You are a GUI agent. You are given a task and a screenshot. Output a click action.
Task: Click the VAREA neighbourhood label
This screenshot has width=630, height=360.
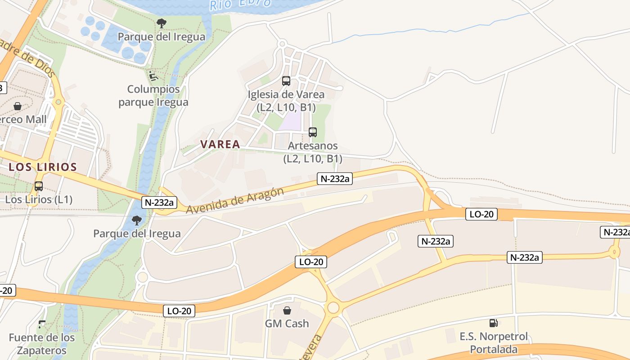click(220, 144)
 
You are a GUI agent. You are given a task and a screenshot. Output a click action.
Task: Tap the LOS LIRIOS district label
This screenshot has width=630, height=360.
click(43, 167)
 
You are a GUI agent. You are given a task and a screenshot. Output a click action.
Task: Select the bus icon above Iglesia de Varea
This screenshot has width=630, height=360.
click(286, 81)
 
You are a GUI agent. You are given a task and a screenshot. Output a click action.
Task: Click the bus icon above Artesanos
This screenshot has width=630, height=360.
click(313, 132)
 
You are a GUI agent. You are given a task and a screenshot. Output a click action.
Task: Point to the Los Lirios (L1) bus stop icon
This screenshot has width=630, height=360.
click(39, 186)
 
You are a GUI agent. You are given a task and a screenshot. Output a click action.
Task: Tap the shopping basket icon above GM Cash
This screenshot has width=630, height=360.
click(287, 310)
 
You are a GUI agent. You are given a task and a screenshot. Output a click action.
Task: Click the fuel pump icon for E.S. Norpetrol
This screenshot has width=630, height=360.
click(494, 323)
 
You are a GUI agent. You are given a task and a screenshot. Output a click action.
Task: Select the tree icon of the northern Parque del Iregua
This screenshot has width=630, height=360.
click(161, 23)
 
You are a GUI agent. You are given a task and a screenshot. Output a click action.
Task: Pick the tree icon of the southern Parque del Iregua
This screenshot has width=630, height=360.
click(137, 220)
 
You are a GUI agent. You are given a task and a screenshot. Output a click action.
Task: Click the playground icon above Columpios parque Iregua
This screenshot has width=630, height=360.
click(153, 75)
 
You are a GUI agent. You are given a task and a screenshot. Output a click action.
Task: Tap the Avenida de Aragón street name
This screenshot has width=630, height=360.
click(235, 201)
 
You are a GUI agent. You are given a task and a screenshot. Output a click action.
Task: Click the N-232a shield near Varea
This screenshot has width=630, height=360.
click(334, 179)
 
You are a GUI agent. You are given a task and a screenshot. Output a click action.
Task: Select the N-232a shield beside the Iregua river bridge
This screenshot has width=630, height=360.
click(159, 202)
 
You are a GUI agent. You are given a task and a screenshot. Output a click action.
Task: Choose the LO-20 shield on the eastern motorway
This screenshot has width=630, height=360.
click(481, 214)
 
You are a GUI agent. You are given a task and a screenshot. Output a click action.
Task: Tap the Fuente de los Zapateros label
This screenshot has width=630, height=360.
click(42, 344)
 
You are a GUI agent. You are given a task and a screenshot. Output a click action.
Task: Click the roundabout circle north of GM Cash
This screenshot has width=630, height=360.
click(333, 308)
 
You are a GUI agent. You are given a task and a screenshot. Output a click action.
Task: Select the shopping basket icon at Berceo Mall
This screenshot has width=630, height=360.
click(18, 106)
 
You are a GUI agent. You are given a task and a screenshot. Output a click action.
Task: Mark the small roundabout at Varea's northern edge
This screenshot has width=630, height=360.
click(282, 44)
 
